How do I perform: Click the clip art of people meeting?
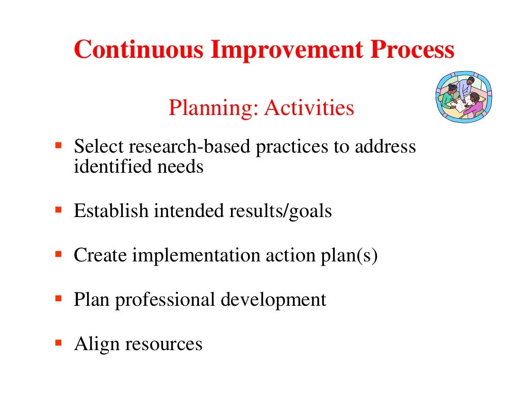(x=464, y=96)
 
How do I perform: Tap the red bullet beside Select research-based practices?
(x=58, y=146)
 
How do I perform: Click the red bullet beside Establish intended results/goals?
(x=58, y=210)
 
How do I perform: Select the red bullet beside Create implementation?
(x=58, y=254)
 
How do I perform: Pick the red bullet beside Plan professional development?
(x=58, y=299)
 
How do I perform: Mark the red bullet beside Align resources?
(x=58, y=342)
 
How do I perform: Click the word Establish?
(x=111, y=211)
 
